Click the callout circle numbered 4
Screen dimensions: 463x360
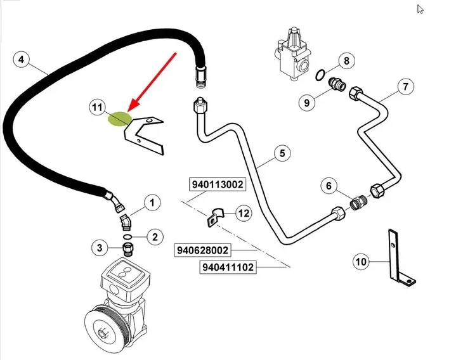coord(22,60)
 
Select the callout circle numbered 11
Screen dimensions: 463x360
coord(97,108)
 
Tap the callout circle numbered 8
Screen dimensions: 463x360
coord(346,61)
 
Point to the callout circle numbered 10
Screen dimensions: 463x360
coord(361,261)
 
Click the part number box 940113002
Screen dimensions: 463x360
coord(218,184)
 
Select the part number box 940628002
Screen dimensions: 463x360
coord(202,250)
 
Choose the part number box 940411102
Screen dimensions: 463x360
coord(228,267)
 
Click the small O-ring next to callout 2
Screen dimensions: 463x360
coord(127,236)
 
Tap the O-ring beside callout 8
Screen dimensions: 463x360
coord(320,75)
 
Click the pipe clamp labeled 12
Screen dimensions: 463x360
coord(216,217)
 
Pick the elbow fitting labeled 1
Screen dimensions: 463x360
coord(126,222)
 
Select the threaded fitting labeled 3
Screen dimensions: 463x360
coord(128,249)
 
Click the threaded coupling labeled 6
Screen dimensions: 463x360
coord(358,202)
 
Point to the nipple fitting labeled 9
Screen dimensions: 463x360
coord(337,84)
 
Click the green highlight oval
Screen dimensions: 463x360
coord(120,119)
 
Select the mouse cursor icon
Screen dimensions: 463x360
coord(420,9)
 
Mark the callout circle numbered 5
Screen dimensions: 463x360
coord(282,153)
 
